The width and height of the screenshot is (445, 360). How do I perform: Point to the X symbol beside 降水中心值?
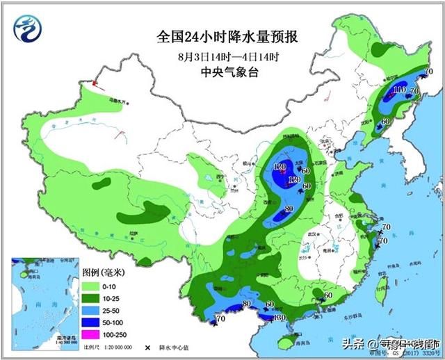click(x=148, y=346)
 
